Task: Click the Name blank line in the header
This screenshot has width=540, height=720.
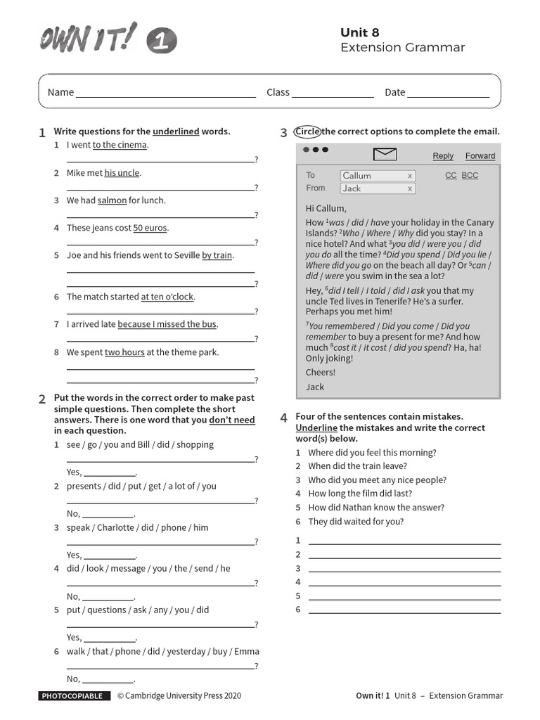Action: pos(166,93)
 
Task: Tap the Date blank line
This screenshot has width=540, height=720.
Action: pos(448,93)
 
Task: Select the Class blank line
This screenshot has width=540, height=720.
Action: pos(333,93)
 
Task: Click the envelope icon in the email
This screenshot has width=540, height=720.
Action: pos(385,155)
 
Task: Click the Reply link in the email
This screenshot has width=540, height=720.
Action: pos(443,156)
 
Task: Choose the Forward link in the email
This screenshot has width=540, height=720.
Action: pos(480,156)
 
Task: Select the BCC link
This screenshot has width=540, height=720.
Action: pos(470,176)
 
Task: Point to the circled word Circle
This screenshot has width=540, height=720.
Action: pos(307,131)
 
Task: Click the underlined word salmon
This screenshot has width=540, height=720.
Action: pos(112,200)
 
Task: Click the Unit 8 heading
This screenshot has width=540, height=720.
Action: pos(360,32)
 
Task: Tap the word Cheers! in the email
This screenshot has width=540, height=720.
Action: pos(321,373)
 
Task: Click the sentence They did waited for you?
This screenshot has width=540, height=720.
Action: pos(356,522)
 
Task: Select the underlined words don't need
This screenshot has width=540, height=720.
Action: pos(232,420)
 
